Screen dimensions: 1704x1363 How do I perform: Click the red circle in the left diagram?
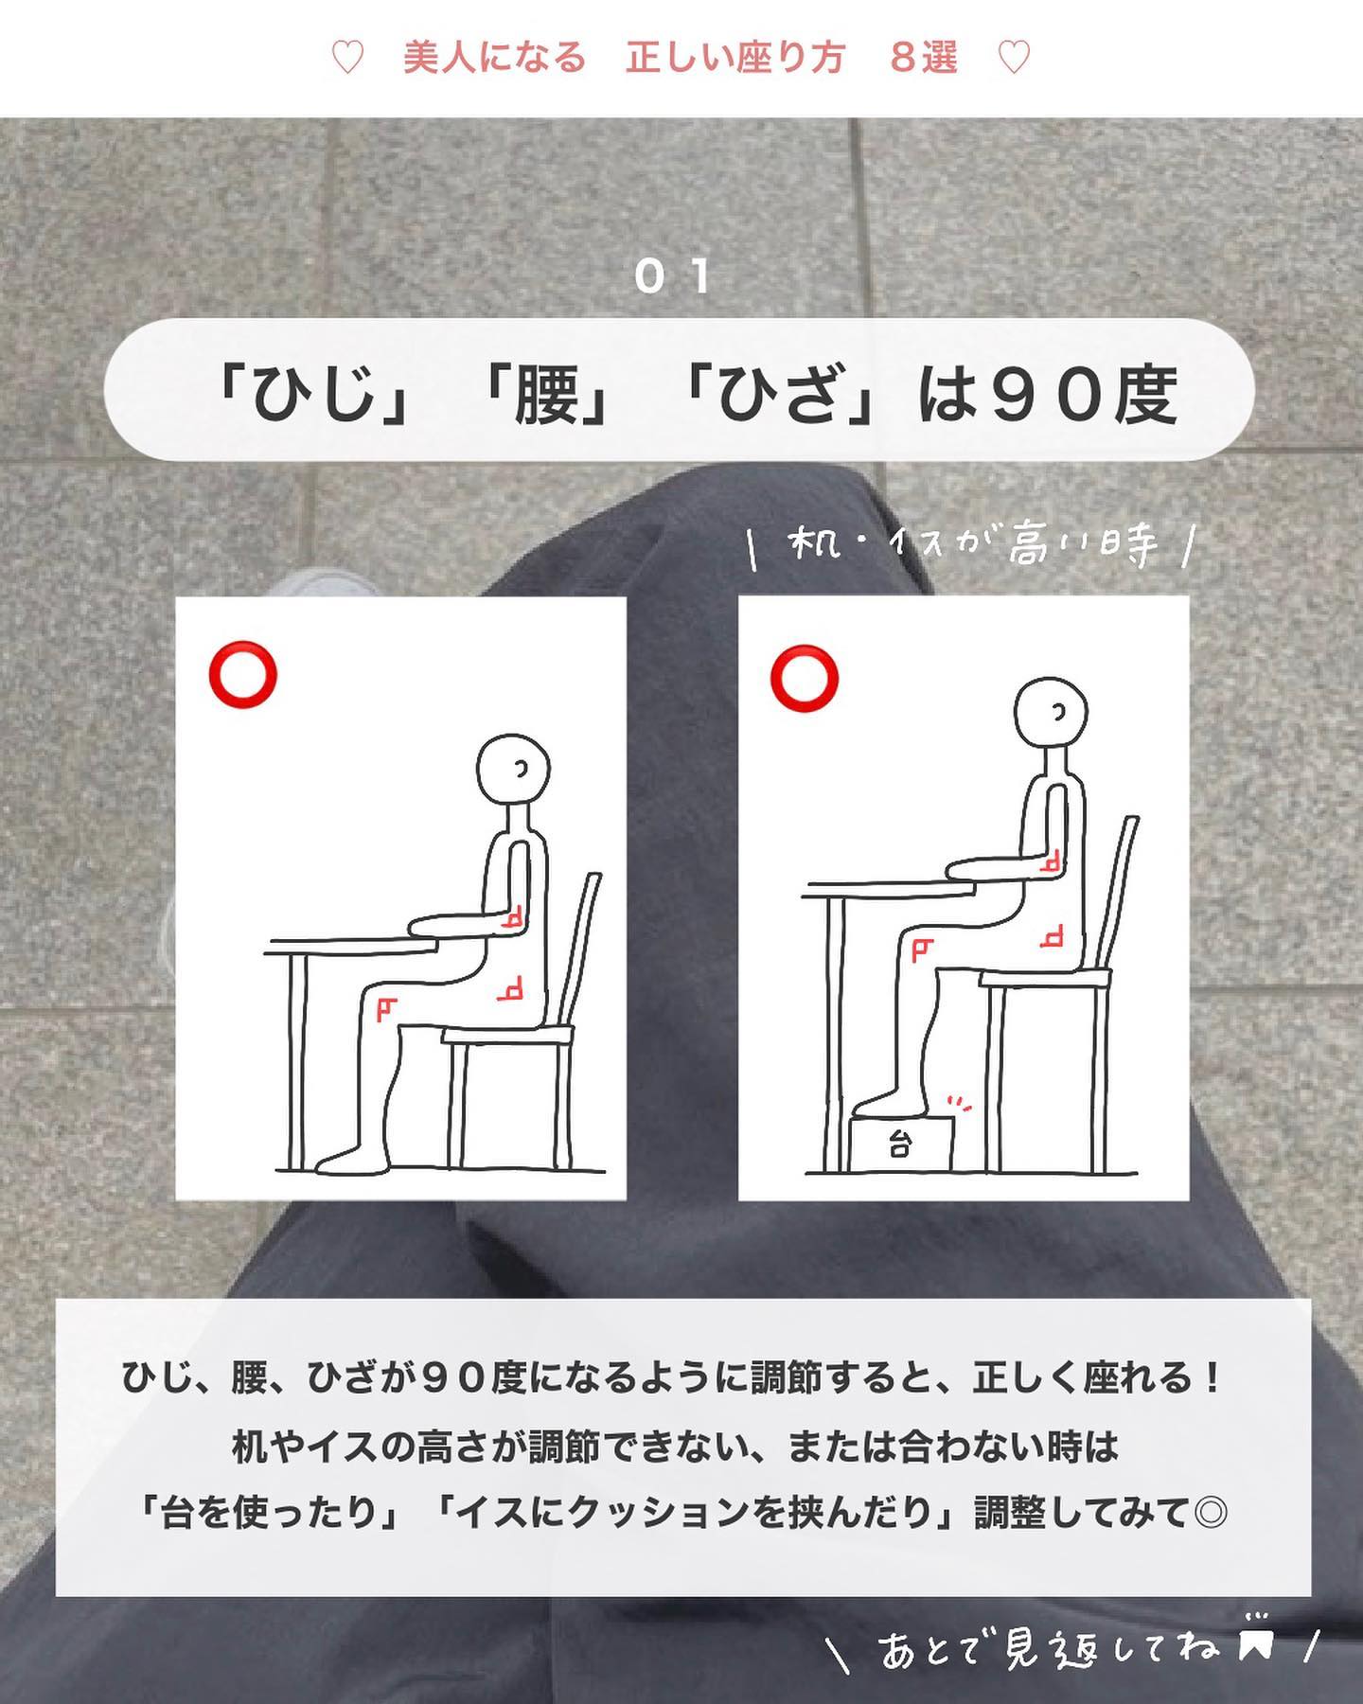(x=243, y=675)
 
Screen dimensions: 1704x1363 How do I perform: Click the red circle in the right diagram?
(x=805, y=678)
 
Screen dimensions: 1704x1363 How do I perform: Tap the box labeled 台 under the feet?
(x=900, y=1144)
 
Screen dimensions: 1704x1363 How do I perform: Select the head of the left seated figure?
(x=512, y=769)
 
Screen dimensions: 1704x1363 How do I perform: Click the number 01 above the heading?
(x=673, y=276)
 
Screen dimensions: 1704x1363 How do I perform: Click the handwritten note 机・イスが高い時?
(x=972, y=545)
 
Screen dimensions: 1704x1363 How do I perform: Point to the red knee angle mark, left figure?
(x=384, y=1010)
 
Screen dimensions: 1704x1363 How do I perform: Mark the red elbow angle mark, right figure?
(x=1050, y=862)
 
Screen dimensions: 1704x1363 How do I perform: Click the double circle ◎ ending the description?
(x=1211, y=1512)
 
